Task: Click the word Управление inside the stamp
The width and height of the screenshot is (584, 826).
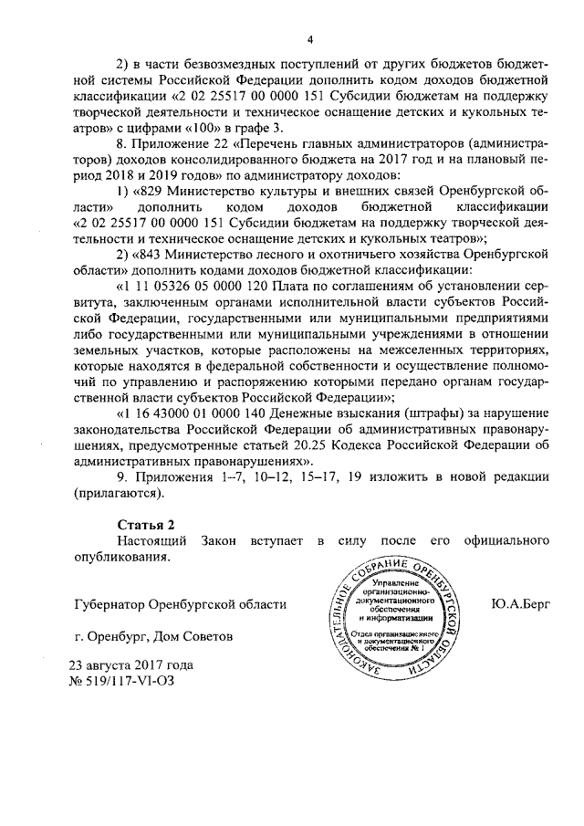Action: [x=391, y=580]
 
